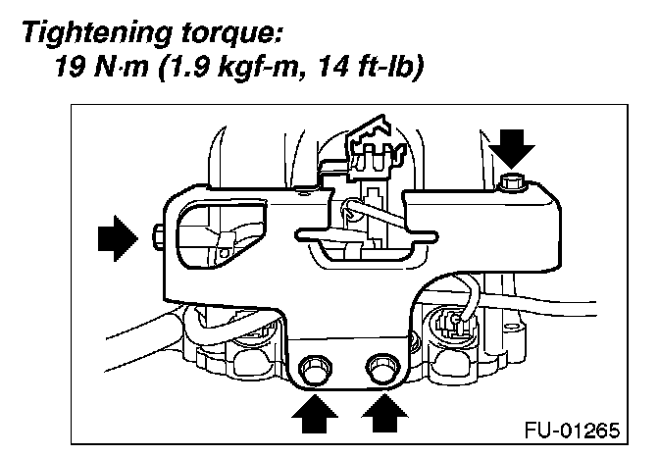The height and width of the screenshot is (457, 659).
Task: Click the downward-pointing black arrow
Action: tap(513, 148)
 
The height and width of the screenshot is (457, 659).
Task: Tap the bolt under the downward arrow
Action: tap(511, 180)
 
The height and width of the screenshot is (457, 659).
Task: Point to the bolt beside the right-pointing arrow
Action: tap(157, 235)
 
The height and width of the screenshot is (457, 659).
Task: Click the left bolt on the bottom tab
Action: tap(314, 371)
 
